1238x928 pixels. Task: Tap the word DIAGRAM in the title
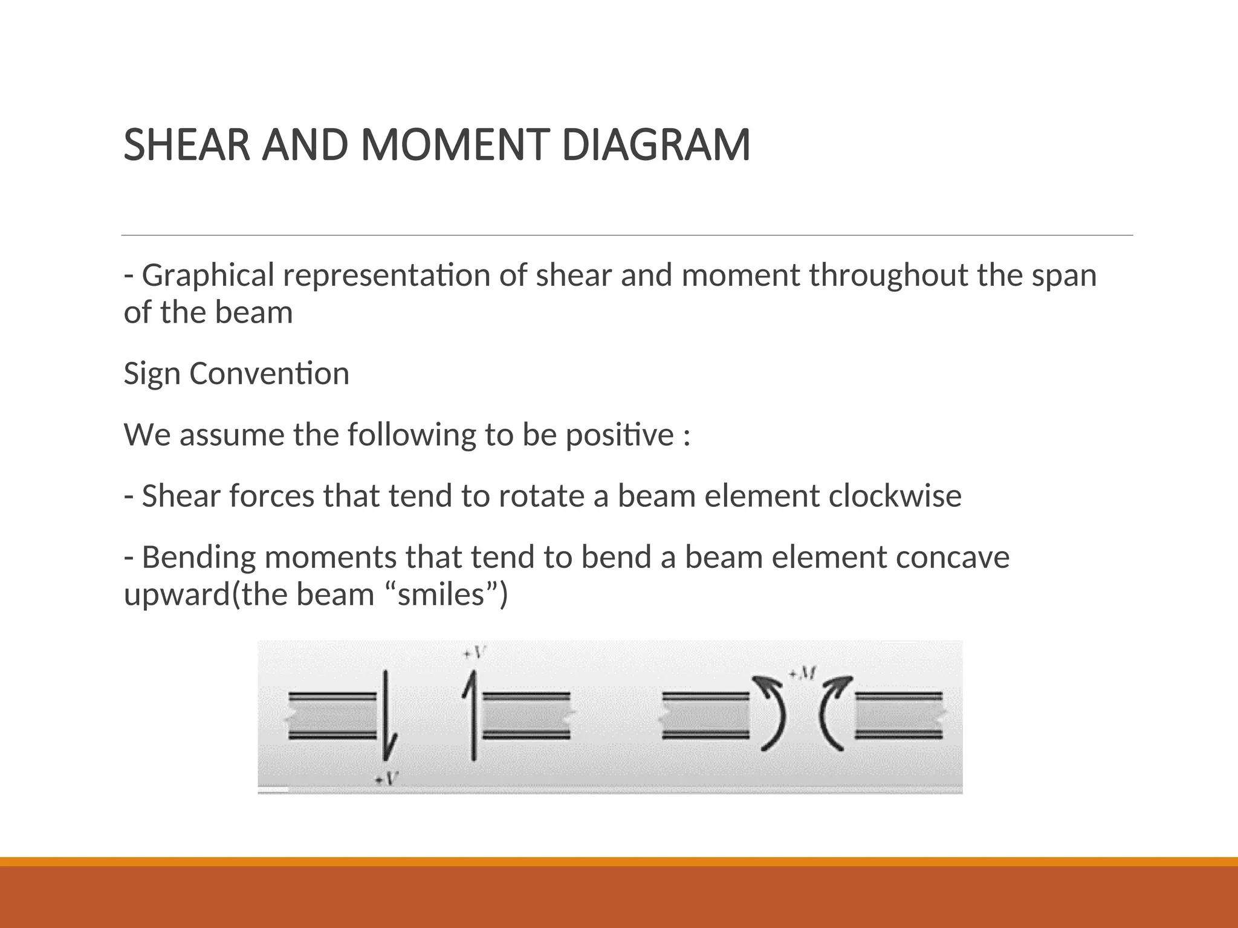pyautogui.click(x=656, y=146)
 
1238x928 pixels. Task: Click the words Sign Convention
pyautogui.click(x=236, y=373)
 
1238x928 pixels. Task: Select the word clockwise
pyautogui.click(x=895, y=496)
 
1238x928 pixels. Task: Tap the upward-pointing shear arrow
pyautogui.click(x=472, y=713)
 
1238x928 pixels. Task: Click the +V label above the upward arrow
pyautogui.click(x=475, y=653)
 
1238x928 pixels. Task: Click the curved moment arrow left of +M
pyautogui.click(x=774, y=713)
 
